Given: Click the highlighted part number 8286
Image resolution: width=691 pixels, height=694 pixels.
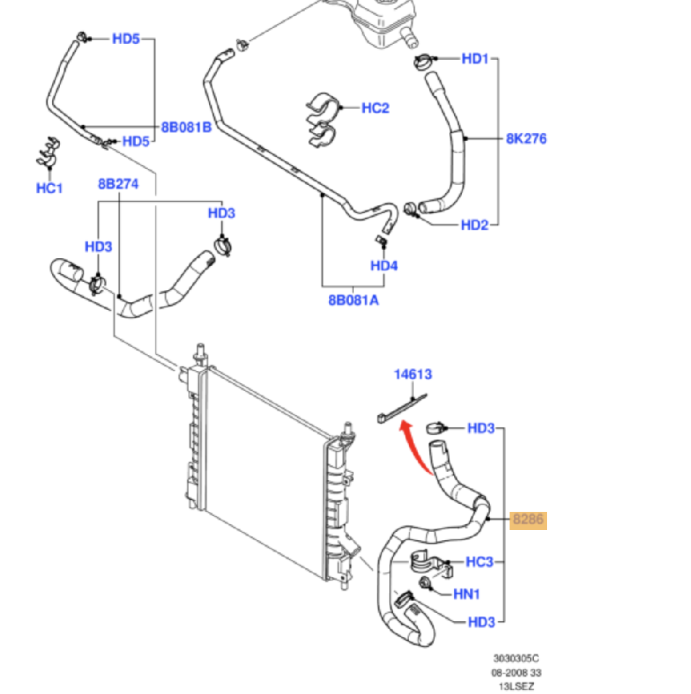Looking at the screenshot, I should (x=528, y=520).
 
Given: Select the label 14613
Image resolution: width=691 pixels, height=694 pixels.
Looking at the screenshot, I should (x=413, y=374).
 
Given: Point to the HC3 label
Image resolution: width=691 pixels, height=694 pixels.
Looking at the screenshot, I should (x=479, y=562).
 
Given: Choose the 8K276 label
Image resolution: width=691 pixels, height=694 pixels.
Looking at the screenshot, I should (x=526, y=138).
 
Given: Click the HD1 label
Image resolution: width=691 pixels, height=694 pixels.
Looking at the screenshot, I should (x=476, y=59).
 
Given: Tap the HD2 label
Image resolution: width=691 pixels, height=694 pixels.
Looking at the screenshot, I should (x=475, y=226).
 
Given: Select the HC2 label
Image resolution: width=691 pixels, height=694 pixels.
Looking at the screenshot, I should (x=375, y=108).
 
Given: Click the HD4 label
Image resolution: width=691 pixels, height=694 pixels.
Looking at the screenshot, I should (x=384, y=266).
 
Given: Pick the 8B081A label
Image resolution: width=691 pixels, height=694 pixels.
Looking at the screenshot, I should (x=353, y=299).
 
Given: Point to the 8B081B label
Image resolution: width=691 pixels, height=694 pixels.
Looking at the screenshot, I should (x=186, y=127).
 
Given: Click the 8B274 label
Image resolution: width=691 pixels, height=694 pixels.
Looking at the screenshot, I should (x=118, y=184).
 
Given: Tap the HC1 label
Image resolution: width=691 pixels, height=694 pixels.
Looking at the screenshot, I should (x=49, y=188).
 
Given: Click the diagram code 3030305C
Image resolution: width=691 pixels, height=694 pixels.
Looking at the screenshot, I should (x=516, y=659).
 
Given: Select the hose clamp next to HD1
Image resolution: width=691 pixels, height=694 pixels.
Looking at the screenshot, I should (x=425, y=62).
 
